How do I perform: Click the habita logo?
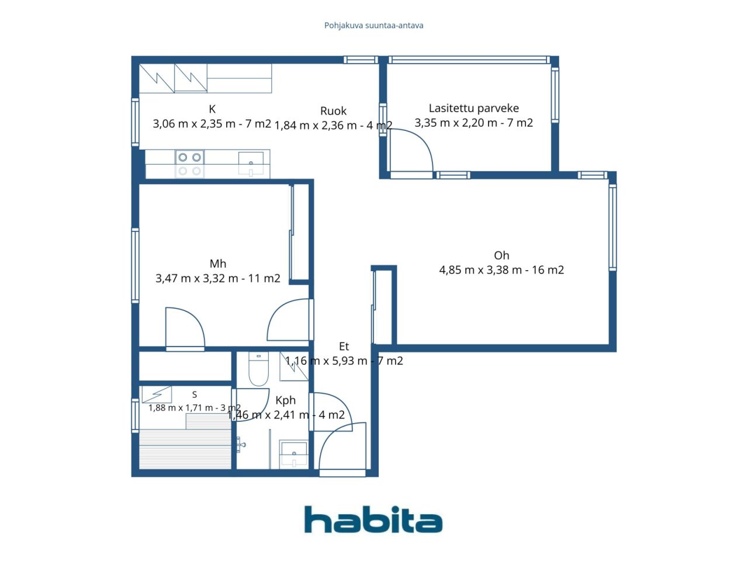(373, 520)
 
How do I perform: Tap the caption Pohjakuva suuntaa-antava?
(373, 26)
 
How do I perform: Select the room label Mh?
(218, 264)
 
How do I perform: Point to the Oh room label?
(501, 255)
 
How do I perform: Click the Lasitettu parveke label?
(474, 108)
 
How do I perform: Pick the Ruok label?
(333, 110)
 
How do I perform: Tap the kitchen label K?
(212, 109)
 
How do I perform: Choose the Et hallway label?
(344, 347)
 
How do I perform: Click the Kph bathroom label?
(285, 400)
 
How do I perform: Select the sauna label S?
(195, 394)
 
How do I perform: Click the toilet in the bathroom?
(259, 369)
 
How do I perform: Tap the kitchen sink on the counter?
(251, 164)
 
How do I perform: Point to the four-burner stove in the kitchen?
(189, 164)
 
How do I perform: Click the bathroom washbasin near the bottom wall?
(294, 455)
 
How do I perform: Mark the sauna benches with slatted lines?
(185, 449)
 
